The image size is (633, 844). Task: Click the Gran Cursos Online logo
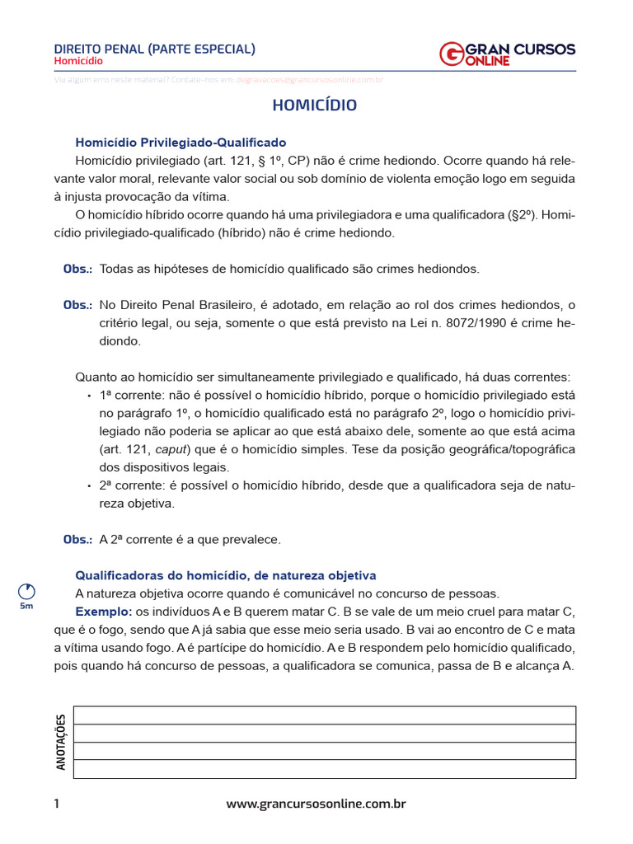(x=508, y=54)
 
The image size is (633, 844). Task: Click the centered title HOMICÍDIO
(x=315, y=105)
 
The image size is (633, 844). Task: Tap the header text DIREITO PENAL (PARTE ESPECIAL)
(x=154, y=49)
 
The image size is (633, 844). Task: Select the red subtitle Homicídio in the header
(x=78, y=61)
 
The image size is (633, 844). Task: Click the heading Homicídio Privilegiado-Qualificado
(x=181, y=142)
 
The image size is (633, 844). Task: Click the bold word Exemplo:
(x=104, y=612)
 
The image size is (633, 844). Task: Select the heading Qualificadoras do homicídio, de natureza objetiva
(x=225, y=574)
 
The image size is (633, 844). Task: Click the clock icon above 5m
(x=26, y=591)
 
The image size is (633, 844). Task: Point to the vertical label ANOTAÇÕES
(x=60, y=742)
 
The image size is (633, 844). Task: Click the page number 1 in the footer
(x=57, y=804)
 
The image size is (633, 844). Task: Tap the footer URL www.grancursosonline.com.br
(x=316, y=804)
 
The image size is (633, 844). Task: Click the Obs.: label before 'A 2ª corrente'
(x=77, y=539)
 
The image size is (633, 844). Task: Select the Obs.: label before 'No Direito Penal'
(x=77, y=305)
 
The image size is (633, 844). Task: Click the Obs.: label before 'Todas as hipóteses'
(x=77, y=269)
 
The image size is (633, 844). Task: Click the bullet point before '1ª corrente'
(x=89, y=396)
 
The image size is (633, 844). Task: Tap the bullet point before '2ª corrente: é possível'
(x=89, y=485)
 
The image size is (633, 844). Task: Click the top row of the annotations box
(x=324, y=715)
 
